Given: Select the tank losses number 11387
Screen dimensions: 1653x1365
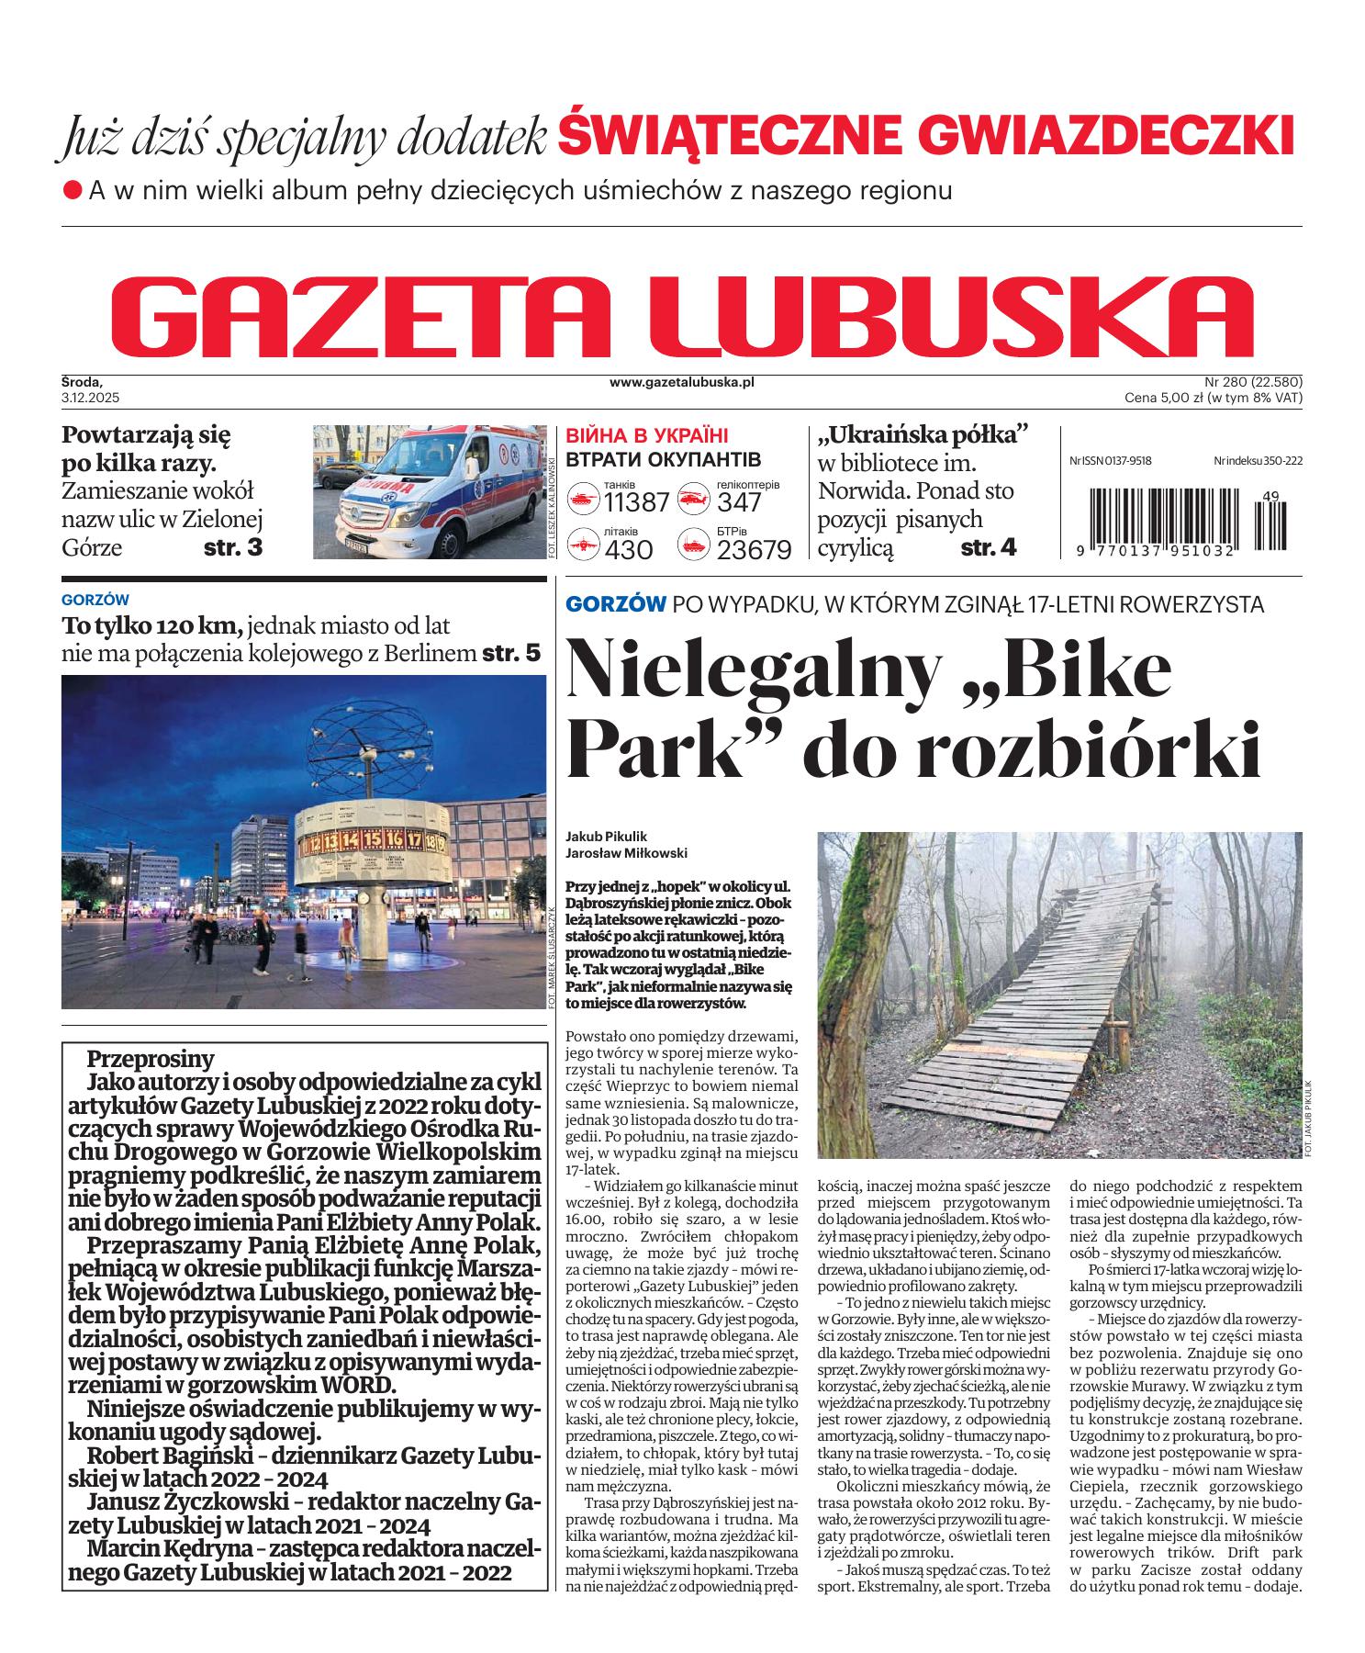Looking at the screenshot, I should (x=636, y=503).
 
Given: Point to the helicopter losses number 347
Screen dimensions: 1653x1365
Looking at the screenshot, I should (x=739, y=503).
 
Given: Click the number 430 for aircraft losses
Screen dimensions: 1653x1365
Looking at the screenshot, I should (x=629, y=550).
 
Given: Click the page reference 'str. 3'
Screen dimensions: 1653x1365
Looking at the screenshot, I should (x=232, y=548).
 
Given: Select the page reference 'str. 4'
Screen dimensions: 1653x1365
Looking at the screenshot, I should (x=988, y=548).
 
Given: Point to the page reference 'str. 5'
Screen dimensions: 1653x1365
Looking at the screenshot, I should (x=511, y=654).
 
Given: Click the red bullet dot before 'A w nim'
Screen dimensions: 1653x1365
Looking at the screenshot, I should (x=73, y=191).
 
